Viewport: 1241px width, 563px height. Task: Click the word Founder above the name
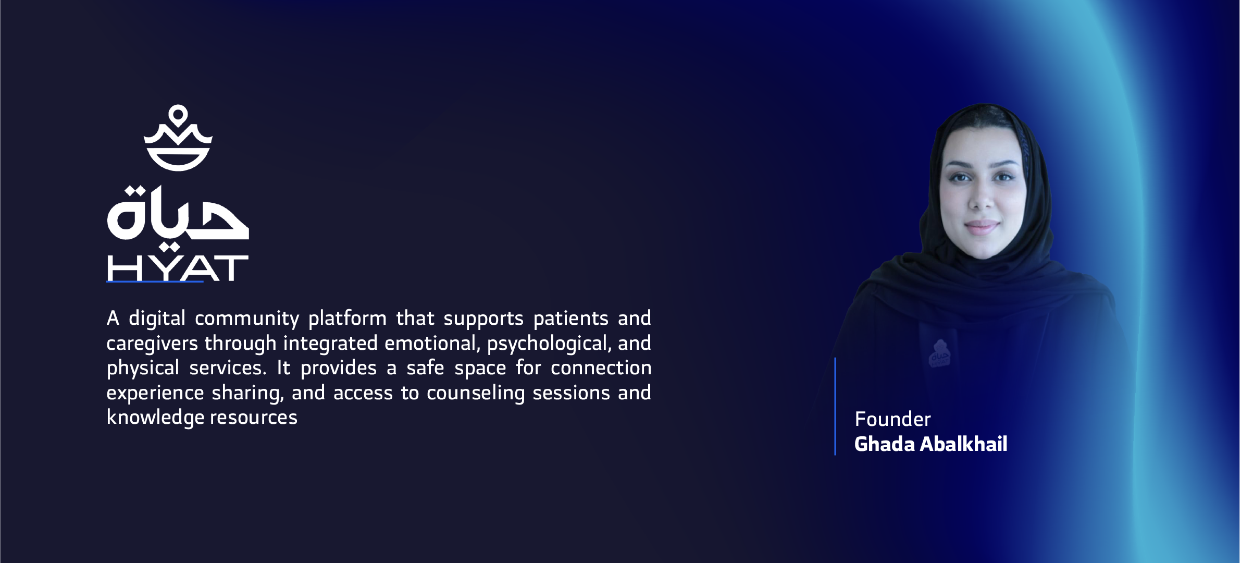coord(892,419)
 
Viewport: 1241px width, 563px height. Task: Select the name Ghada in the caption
coord(885,444)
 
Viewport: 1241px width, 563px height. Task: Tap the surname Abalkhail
coord(964,444)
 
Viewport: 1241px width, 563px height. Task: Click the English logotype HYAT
coord(178,268)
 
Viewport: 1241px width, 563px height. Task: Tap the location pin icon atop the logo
coord(178,116)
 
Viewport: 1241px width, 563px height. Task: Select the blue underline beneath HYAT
coord(155,281)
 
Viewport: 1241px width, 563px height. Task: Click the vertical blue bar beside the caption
coord(835,406)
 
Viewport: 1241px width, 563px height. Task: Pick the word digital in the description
coord(157,319)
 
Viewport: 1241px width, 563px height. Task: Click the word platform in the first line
coord(348,319)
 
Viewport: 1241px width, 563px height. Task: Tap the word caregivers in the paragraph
coord(152,344)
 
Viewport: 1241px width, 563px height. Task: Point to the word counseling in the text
coord(476,393)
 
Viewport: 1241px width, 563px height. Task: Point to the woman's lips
coord(982,227)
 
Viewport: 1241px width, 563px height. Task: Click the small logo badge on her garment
coord(939,353)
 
